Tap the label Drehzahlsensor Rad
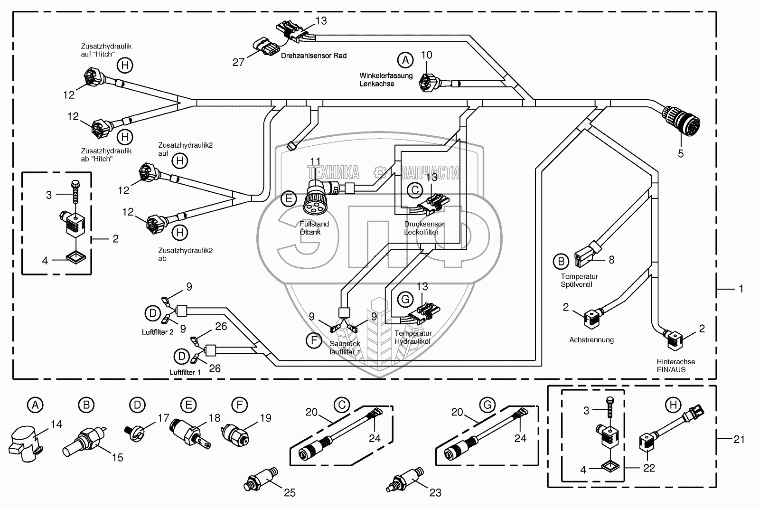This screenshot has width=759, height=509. [313, 56]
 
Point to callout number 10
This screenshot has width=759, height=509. [427, 55]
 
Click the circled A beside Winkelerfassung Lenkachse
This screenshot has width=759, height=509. [405, 60]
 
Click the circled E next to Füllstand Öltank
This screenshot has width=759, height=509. [288, 199]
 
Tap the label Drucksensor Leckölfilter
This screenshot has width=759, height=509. [424, 228]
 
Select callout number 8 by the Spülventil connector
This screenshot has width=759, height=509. [611, 259]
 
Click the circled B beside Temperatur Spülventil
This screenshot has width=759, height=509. [561, 261]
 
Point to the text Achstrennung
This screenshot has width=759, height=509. [591, 340]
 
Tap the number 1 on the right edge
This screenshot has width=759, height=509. [741, 288]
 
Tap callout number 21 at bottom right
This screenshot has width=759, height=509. [739, 439]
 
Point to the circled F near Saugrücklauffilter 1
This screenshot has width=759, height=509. [313, 340]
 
